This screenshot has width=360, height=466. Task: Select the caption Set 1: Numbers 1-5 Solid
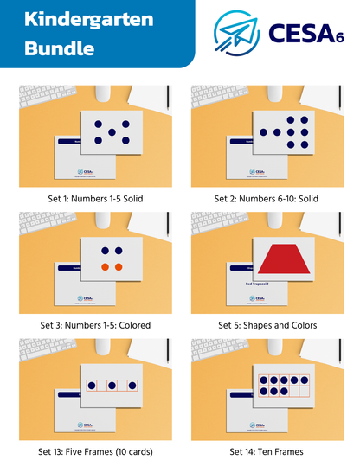tap(95, 198)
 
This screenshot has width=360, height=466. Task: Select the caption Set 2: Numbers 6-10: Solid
tap(267, 198)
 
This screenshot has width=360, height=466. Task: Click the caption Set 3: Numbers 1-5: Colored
tap(95, 325)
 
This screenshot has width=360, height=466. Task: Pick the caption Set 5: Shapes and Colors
tap(267, 325)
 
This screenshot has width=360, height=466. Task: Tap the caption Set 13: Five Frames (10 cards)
tap(95, 451)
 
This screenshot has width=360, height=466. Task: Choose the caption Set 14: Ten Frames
tap(267, 451)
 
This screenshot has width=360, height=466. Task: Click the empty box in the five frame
tap(125, 386)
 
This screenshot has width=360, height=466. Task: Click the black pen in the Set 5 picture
tap(337, 225)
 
